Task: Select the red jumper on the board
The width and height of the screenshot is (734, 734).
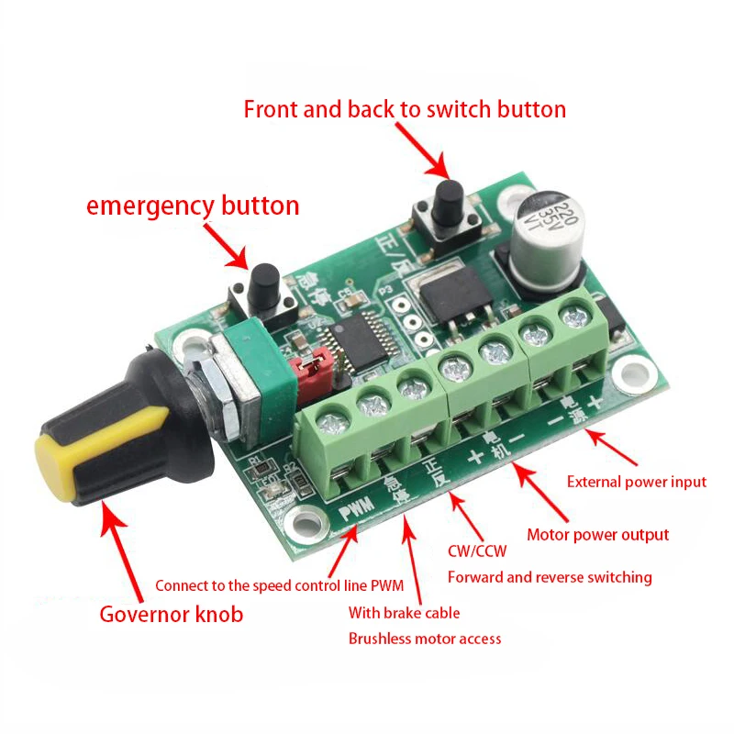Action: (x=307, y=369)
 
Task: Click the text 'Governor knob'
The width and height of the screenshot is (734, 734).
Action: (x=172, y=614)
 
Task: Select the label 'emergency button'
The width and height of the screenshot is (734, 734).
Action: (x=193, y=206)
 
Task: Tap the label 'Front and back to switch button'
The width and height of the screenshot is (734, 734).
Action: (x=405, y=109)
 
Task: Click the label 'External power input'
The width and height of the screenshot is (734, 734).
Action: (x=637, y=482)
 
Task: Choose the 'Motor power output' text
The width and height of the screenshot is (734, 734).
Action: (x=597, y=535)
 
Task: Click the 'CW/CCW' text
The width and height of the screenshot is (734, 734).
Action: (x=476, y=551)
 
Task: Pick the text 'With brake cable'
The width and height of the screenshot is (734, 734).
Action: (x=404, y=613)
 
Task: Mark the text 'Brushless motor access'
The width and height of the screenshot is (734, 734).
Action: (x=425, y=639)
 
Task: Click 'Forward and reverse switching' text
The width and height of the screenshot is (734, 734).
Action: (x=550, y=577)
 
